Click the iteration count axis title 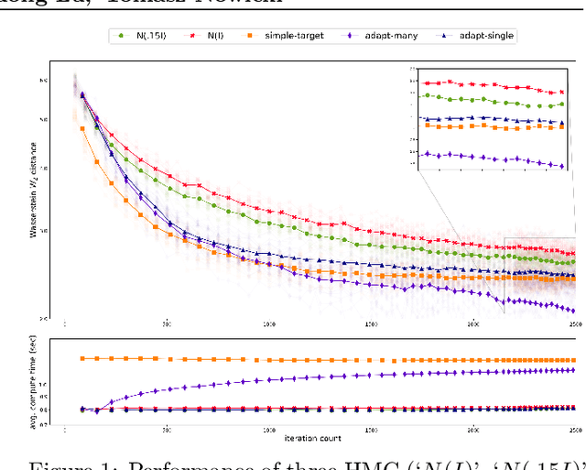pos(320,431)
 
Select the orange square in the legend pos(250,36)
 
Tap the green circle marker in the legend pos(121,36)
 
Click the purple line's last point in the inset pos(561,166)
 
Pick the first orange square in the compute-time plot pos(83,359)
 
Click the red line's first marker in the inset pos(425,83)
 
